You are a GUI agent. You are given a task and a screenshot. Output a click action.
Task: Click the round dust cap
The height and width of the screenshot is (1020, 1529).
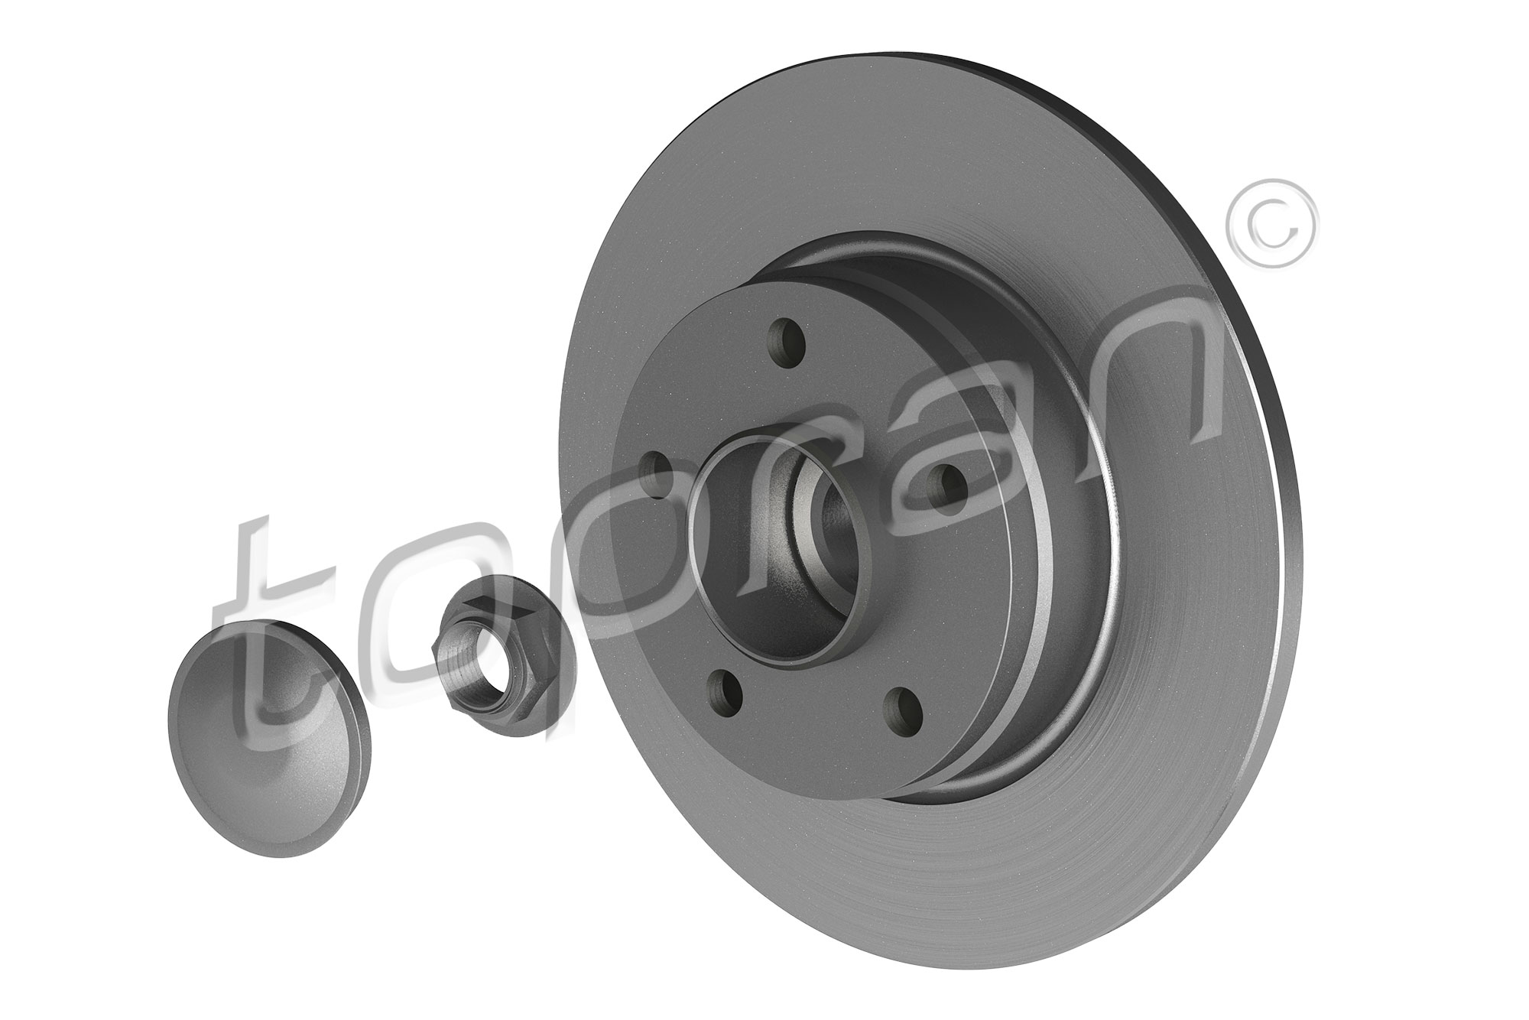[268, 709]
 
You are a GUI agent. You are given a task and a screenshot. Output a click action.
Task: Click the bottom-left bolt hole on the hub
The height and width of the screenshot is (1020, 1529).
[726, 691]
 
